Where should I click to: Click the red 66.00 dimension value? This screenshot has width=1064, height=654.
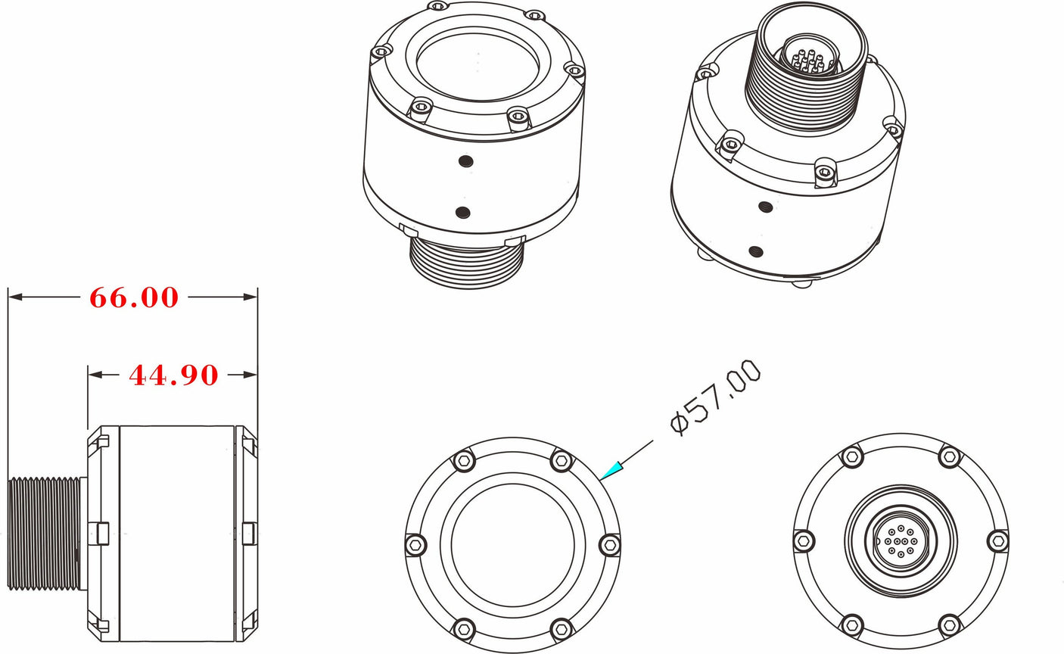click(134, 297)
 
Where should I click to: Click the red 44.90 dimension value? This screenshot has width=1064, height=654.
click(173, 375)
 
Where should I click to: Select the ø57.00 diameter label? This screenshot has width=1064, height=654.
click(715, 397)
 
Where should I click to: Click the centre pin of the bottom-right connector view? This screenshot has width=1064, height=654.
click(901, 541)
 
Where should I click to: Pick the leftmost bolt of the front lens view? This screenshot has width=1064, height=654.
click(415, 543)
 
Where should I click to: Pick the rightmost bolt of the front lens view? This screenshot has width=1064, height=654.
click(609, 543)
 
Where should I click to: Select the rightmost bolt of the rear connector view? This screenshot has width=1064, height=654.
click(998, 540)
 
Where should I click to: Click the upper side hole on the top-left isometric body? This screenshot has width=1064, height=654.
click(466, 160)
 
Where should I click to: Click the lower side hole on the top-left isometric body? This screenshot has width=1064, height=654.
click(464, 213)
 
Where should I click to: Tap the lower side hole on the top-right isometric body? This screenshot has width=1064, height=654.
click(754, 252)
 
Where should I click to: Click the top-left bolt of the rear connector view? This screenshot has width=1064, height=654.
click(852, 456)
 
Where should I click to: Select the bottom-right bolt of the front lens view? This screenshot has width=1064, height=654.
click(561, 628)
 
